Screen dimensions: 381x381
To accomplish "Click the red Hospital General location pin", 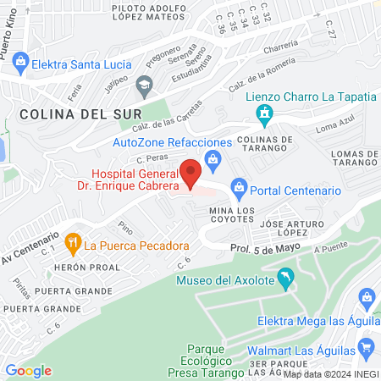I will pos(191,172).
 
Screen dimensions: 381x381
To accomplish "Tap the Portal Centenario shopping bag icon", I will pos(240,185).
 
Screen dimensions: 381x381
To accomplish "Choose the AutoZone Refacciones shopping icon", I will pos(213,158).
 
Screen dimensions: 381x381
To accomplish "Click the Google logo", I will pos(29,370).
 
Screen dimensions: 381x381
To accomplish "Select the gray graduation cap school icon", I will pos(144,83).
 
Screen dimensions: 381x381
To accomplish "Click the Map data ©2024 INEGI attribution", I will pos(330,373).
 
